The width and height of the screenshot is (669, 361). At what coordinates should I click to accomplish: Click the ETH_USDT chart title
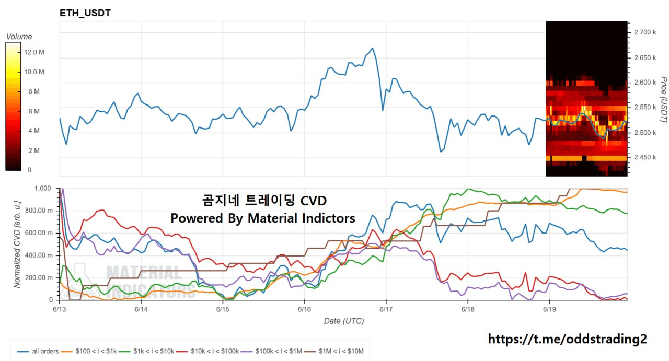[x=85, y=13]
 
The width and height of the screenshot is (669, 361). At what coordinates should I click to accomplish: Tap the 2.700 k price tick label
[x=644, y=32]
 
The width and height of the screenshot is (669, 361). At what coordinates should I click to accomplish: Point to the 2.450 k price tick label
[x=644, y=157]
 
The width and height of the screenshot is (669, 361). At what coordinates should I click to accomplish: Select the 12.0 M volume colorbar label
[x=34, y=52]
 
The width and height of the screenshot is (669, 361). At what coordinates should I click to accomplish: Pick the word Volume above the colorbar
[x=19, y=37]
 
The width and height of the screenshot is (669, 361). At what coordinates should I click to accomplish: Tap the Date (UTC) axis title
[x=343, y=321]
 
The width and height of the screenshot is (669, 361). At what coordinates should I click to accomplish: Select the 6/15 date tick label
[x=223, y=309]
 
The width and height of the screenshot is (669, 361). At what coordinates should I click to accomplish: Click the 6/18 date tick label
[x=468, y=309]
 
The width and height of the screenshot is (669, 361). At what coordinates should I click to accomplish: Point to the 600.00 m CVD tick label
[x=40, y=233]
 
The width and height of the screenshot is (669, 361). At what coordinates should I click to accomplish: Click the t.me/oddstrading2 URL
[x=567, y=339]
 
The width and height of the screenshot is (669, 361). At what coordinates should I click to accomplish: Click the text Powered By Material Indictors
[x=263, y=218]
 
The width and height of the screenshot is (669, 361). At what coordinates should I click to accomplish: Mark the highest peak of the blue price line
[x=373, y=48]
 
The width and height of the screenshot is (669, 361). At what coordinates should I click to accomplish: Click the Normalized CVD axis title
[x=17, y=243]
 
